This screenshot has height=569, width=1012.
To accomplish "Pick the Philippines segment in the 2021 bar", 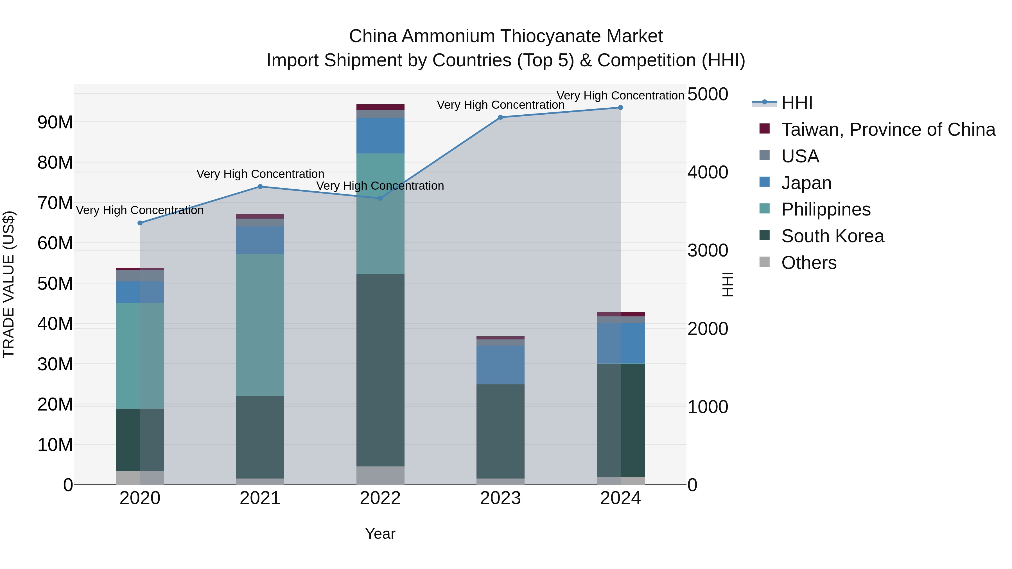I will click(x=260, y=325).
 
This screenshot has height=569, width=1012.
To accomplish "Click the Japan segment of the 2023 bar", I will click(x=500, y=364).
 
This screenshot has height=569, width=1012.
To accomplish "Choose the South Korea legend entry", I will click(x=832, y=236).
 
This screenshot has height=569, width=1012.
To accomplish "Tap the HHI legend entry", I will click(x=796, y=103).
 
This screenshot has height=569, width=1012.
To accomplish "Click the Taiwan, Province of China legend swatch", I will click(x=765, y=129).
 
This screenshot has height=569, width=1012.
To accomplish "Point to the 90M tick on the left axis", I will click(x=55, y=123).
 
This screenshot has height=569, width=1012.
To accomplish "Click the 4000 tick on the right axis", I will click(x=708, y=173).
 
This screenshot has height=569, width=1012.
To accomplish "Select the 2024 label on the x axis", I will click(x=620, y=498).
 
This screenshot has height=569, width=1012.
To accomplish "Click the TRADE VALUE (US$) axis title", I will click(x=9, y=284).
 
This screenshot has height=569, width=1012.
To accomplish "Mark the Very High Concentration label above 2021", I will click(x=260, y=174).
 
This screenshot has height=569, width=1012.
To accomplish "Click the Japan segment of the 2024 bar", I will click(x=620, y=343).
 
